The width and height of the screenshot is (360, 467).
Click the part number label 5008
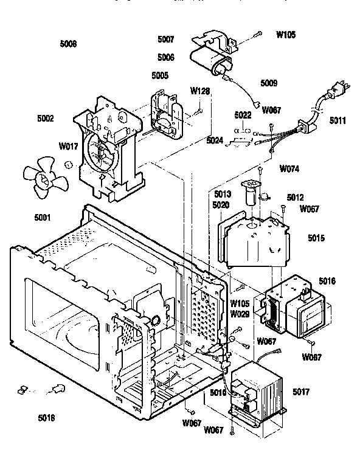tap(69, 44)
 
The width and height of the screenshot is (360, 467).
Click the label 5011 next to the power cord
tap(339, 120)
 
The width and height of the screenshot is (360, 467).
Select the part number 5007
tap(165, 40)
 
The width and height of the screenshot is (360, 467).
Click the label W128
tap(200, 91)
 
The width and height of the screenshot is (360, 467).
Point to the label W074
tap(289, 168)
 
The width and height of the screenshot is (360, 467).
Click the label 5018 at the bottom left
tap(46, 419)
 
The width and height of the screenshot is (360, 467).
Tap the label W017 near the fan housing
tap(67, 146)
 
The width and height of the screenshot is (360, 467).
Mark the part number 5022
tap(243, 115)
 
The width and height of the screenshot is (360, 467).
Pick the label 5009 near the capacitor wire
tap(269, 83)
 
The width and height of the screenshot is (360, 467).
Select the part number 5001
tap(43, 216)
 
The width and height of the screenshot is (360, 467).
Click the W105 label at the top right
tap(286, 35)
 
